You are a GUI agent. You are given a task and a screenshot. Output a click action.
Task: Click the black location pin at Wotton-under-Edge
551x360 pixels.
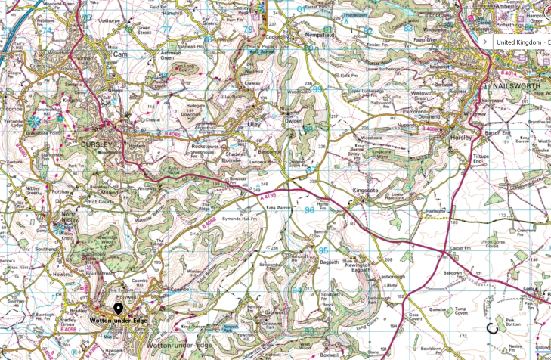(x=119, y=309)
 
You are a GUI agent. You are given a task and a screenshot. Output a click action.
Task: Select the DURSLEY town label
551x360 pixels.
(x=97, y=142)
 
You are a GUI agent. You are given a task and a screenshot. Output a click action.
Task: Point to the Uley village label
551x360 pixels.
(x=254, y=122)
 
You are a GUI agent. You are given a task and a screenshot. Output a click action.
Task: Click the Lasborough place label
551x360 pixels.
(x=384, y=277)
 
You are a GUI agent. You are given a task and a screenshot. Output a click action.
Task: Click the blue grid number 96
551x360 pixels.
(x=309, y=210)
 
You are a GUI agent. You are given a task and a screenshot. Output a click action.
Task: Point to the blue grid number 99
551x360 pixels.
(x=317, y=88)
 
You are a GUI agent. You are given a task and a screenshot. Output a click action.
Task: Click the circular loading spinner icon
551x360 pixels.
(x=492, y=328)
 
